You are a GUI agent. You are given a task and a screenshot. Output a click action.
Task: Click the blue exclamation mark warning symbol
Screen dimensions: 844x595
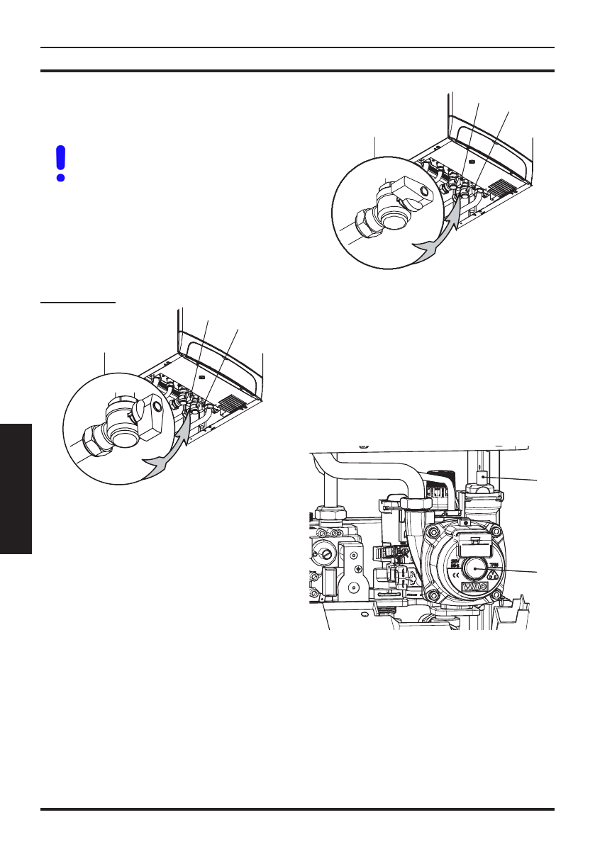point(60,163)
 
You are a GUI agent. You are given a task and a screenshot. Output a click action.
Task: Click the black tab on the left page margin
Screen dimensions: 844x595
point(16,490)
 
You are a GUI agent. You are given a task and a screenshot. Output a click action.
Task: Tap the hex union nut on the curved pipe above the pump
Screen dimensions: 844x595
point(413,502)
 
